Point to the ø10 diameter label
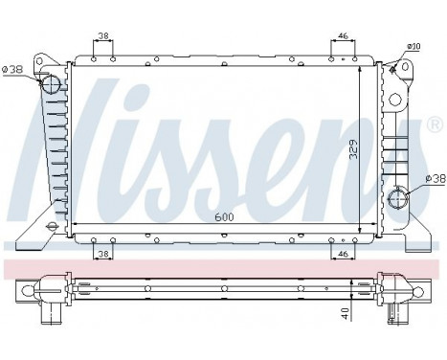(x=413, y=46)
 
